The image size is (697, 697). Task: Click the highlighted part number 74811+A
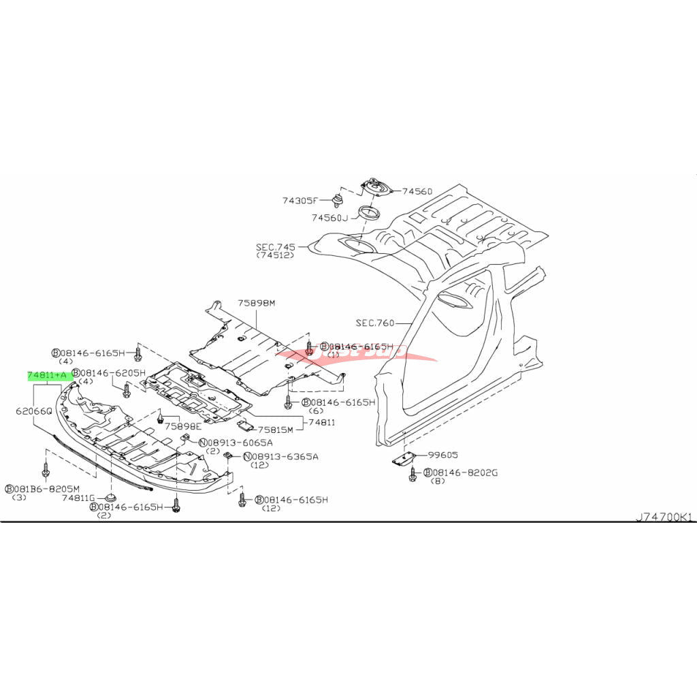point(47,375)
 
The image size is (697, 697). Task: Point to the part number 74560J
point(329,218)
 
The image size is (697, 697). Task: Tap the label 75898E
point(183,426)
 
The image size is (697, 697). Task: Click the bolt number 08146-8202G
point(466,472)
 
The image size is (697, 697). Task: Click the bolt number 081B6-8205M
point(47,489)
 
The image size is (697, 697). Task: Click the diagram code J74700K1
point(663,517)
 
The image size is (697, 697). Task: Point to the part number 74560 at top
point(417,192)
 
